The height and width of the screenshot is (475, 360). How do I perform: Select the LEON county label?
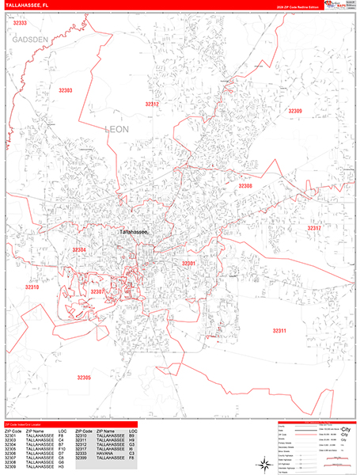point(116,127)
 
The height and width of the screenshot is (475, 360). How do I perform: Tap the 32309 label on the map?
point(294,111)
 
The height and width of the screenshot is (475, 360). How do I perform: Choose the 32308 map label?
point(245,186)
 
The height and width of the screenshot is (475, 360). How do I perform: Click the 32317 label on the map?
point(314,228)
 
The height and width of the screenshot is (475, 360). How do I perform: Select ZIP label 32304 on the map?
point(79,250)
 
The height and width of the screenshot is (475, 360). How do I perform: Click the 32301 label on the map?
point(188,263)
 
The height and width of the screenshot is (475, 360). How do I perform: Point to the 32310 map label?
point(32,287)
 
